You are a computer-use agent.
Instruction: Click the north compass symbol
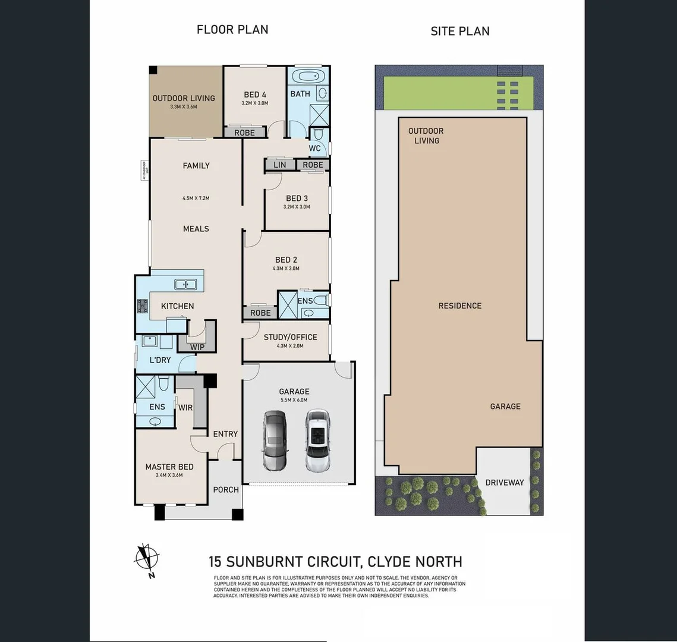tap(146, 559)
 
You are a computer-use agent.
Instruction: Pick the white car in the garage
tap(317, 440)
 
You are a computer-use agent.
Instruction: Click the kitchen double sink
tap(186, 285)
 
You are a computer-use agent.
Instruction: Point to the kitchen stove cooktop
tap(143, 306)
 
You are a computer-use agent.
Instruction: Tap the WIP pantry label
tap(197, 347)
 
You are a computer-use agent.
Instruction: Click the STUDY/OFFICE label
tap(290, 337)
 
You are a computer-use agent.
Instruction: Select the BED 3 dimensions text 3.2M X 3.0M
tap(297, 207)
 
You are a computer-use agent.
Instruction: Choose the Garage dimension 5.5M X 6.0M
tap(294, 400)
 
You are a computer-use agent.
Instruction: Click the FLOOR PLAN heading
tap(232, 29)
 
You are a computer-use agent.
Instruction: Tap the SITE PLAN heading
tap(460, 31)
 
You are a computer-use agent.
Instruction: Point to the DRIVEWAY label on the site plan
tap(505, 482)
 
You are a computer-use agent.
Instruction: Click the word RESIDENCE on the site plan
tap(460, 306)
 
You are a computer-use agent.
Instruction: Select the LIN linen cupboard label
tap(280, 165)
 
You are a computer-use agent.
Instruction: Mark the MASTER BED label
tap(169, 467)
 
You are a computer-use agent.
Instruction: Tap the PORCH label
tap(226, 490)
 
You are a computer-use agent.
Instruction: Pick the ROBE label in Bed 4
tap(244, 133)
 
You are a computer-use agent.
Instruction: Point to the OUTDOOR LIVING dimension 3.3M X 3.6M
tap(183, 107)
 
